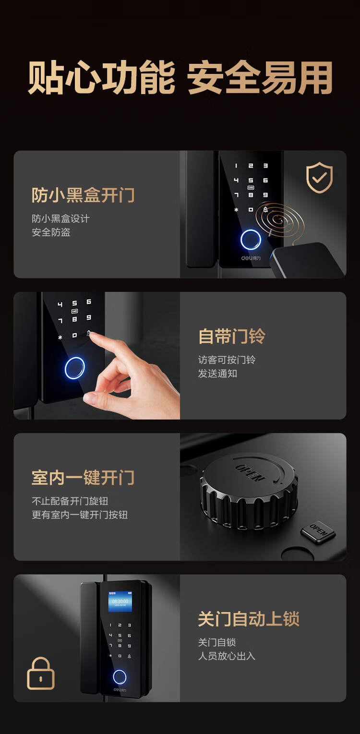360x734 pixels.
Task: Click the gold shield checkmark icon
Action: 319,177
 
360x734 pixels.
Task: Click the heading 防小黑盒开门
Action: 83,195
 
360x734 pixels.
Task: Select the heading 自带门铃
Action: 231,337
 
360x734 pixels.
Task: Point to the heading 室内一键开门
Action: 83,478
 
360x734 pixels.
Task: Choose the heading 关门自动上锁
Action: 249,619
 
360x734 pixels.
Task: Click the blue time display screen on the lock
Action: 120,602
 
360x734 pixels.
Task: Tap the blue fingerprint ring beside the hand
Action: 75,368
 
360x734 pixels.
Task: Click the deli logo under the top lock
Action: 251,258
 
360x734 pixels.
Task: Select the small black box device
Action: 307,260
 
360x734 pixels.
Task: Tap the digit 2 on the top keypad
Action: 251,166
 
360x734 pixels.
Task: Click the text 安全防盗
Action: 51,232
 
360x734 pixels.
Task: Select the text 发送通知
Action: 217,373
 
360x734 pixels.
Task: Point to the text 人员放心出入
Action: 227,656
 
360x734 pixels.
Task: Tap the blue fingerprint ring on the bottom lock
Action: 120,677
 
